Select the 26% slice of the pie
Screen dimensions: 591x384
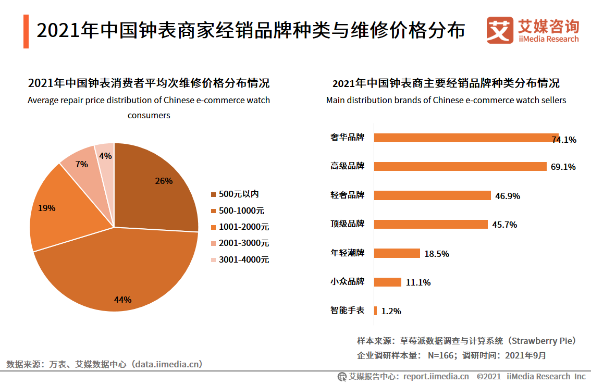point(156,188)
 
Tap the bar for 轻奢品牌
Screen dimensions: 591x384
point(432,195)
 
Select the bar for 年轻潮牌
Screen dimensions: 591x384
point(397,253)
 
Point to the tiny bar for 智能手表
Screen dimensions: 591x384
point(375,311)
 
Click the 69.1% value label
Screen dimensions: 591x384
point(563,167)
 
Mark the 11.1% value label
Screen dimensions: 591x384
point(418,283)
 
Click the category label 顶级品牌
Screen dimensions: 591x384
point(347,224)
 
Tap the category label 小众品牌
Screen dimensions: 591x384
point(347,282)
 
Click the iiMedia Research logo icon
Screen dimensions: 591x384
point(500,30)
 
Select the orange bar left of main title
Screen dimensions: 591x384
point(26,31)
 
